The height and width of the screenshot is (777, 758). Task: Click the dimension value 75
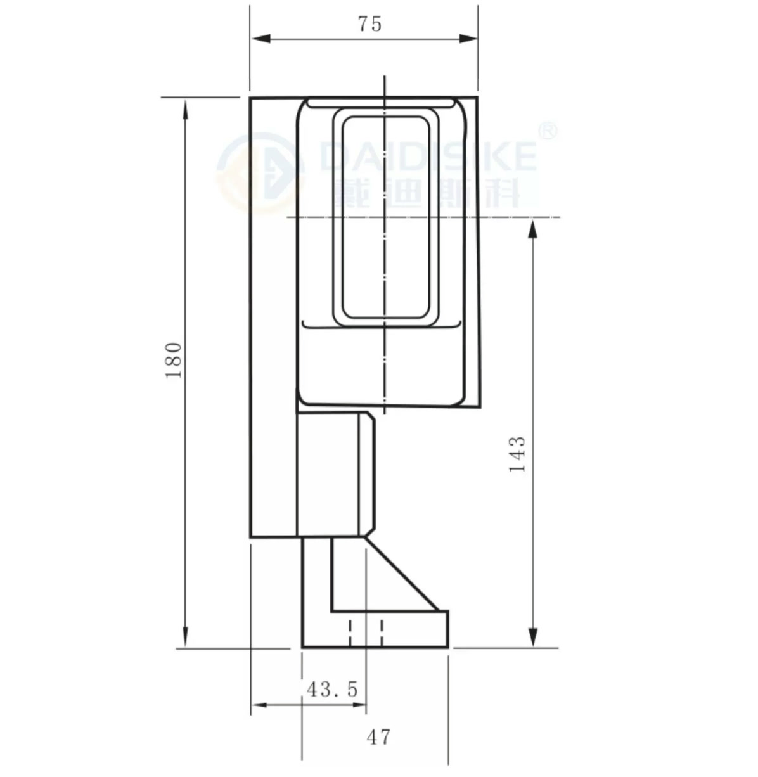(369, 24)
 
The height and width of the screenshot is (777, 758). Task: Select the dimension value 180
(174, 361)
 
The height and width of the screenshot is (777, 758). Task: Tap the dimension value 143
(518, 454)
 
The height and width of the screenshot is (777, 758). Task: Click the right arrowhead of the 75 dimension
(468, 39)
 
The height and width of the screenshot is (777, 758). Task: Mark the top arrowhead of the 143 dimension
(532, 229)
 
